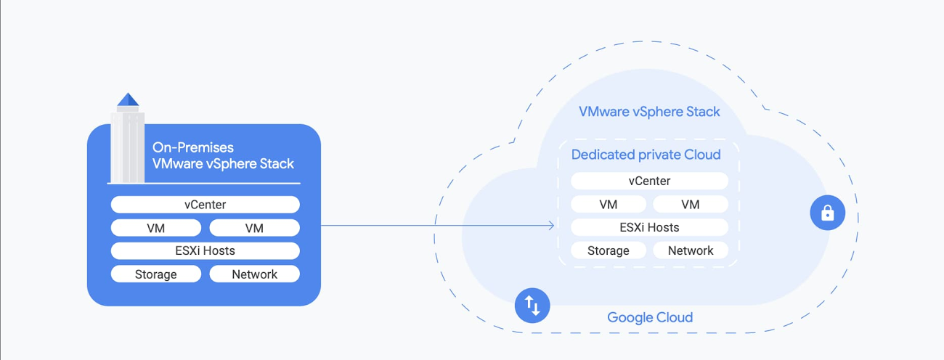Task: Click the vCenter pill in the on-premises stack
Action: click(x=205, y=205)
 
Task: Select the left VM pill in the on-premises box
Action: click(x=155, y=228)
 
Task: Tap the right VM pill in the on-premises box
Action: click(x=254, y=228)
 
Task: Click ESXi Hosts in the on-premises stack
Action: click(x=205, y=251)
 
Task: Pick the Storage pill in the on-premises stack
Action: click(x=155, y=274)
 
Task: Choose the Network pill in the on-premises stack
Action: click(x=254, y=274)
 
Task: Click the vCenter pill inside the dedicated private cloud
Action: click(x=649, y=181)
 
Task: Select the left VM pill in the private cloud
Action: click(x=608, y=204)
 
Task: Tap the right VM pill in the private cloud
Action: click(x=691, y=204)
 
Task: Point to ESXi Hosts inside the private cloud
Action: click(x=649, y=227)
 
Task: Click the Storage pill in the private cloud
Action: click(x=608, y=250)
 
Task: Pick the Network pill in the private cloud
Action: click(x=691, y=250)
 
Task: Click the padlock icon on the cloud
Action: click(x=827, y=213)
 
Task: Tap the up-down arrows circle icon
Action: click(x=532, y=306)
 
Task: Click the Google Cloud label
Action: click(x=650, y=317)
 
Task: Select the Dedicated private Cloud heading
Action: click(x=646, y=155)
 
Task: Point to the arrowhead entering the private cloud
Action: click(x=552, y=226)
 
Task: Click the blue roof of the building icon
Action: click(x=128, y=100)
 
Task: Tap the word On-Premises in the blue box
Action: click(x=192, y=147)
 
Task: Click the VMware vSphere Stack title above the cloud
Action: click(x=649, y=112)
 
